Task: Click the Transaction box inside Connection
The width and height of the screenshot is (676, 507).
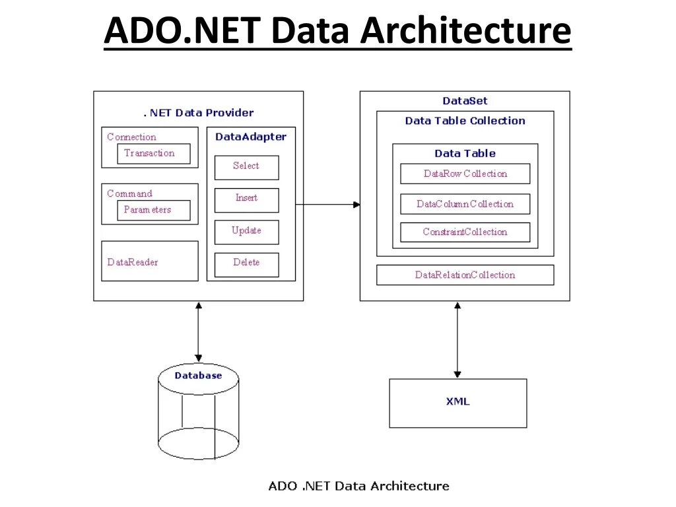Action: point(153,154)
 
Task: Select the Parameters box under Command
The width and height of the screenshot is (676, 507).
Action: point(153,210)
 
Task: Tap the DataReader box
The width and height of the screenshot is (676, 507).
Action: point(149,261)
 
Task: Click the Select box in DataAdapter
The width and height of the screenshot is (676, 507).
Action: point(246,167)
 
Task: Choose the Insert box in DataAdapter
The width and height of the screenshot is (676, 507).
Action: point(246,199)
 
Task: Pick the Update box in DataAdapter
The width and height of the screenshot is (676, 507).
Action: point(246,232)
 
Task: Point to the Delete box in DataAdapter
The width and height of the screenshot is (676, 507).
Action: point(246,264)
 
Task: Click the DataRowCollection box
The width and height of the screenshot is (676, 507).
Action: point(465,174)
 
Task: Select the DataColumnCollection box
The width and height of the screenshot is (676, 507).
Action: point(465,204)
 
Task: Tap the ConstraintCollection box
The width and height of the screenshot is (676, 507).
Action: point(465,232)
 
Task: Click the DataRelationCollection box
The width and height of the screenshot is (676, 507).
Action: point(465,275)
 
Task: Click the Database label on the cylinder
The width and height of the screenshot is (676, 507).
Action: point(198,376)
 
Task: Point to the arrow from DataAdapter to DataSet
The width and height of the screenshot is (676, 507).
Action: point(327,205)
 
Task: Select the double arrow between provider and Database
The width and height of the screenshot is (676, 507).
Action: point(198,332)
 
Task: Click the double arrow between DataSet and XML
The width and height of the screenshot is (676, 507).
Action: point(457,339)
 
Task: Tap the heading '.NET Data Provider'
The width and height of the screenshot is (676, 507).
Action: point(199,113)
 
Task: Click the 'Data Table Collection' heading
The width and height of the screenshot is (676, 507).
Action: point(465,121)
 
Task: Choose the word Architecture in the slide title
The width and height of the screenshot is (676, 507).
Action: point(465,30)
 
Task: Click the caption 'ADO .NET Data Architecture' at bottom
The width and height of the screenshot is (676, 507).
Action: point(358,487)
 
